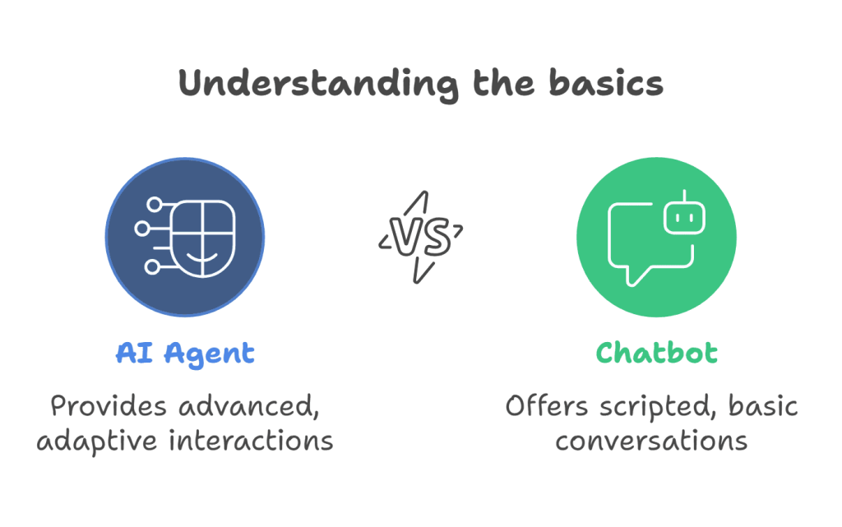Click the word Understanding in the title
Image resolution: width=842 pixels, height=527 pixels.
coord(319,85)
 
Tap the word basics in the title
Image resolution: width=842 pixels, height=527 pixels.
coord(606,83)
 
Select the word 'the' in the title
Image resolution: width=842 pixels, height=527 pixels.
coord(504,83)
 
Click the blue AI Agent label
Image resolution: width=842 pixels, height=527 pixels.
coord(185,354)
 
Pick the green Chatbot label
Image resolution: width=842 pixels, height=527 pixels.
coord(656,354)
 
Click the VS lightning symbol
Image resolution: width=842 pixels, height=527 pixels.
coord(420,237)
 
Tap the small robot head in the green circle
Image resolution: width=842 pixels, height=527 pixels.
coord(684,218)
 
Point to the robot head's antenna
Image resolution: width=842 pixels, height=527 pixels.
coord(685,196)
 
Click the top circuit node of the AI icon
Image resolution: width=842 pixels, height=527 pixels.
coord(155,205)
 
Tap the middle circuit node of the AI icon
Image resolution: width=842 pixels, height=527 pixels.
coord(142,229)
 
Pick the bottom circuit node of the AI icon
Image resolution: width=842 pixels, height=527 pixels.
coord(152,266)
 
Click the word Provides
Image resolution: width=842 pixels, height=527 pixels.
coord(109,406)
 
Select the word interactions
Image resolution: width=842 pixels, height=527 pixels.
coord(252,441)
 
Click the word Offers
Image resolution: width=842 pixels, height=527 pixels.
coord(547,406)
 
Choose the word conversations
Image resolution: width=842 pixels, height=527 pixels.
coord(651,441)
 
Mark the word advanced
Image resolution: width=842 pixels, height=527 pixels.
coord(249,407)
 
